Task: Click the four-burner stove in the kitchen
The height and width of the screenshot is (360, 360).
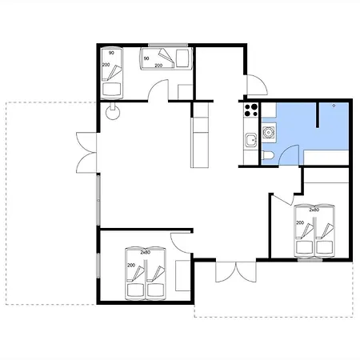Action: (251, 110)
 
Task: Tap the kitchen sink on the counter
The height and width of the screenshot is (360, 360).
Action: (251, 139)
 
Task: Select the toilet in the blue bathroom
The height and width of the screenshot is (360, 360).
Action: (267, 155)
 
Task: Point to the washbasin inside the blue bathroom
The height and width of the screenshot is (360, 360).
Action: (269, 132)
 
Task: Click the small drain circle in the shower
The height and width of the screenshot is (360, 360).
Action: (334, 106)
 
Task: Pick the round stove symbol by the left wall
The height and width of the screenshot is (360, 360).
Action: (113, 111)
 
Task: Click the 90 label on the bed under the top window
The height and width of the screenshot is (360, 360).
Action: (146, 58)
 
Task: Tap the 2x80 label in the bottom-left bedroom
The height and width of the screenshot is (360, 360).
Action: (146, 252)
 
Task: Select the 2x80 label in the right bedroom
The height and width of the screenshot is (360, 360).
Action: (314, 210)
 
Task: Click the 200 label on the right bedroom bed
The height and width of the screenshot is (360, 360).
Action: (300, 222)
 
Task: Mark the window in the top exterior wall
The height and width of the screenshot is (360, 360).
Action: (168, 45)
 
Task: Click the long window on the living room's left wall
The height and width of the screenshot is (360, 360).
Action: (98, 200)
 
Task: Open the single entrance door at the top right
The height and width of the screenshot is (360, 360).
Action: (257, 85)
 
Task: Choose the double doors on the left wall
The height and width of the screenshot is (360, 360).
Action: (86, 153)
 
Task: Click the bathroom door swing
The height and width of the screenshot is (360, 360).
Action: (289, 155)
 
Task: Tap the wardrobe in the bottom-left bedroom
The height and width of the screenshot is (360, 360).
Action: (182, 276)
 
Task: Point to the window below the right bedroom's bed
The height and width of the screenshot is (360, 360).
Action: (310, 259)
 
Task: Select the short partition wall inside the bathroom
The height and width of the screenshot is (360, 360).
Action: (318, 115)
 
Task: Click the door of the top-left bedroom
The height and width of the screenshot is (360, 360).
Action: (158, 90)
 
